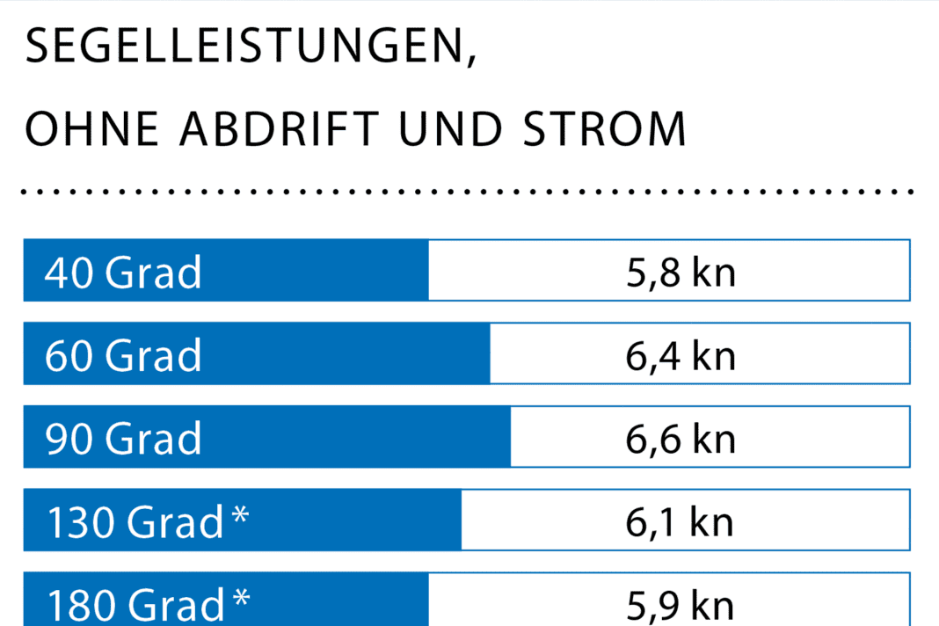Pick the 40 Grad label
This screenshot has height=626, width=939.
(123, 272)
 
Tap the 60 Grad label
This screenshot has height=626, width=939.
(123, 355)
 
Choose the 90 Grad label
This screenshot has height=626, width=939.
(123, 438)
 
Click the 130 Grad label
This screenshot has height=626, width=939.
(135, 521)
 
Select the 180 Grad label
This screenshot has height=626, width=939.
(135, 605)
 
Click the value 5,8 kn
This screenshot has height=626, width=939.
(681, 272)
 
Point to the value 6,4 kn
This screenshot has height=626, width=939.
(681, 355)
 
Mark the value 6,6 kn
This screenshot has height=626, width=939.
(681, 438)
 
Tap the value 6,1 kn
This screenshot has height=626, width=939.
(681, 521)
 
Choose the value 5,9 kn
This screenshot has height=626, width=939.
(681, 605)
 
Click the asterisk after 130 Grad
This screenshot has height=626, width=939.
(240, 513)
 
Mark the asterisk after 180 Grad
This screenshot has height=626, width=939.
(240, 597)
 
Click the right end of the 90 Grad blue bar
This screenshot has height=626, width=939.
(508, 437)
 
